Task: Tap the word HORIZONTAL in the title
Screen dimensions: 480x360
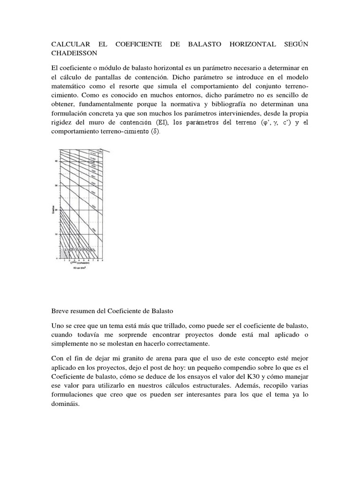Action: (253, 45)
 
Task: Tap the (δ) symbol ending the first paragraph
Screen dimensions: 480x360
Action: (156, 132)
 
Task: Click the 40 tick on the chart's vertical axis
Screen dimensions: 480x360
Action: (55, 161)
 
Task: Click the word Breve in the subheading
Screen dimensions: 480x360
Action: (60, 310)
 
